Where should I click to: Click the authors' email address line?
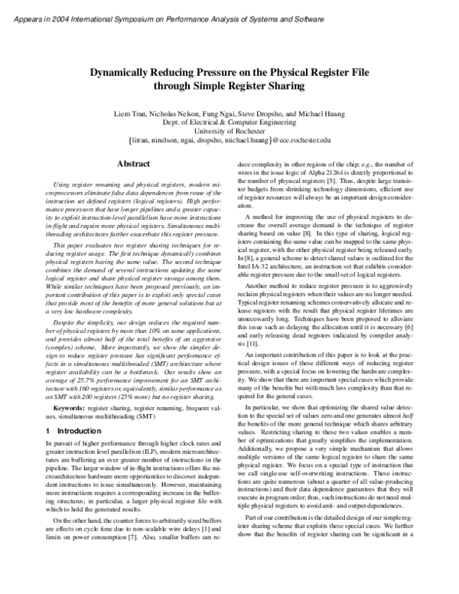[229, 141]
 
